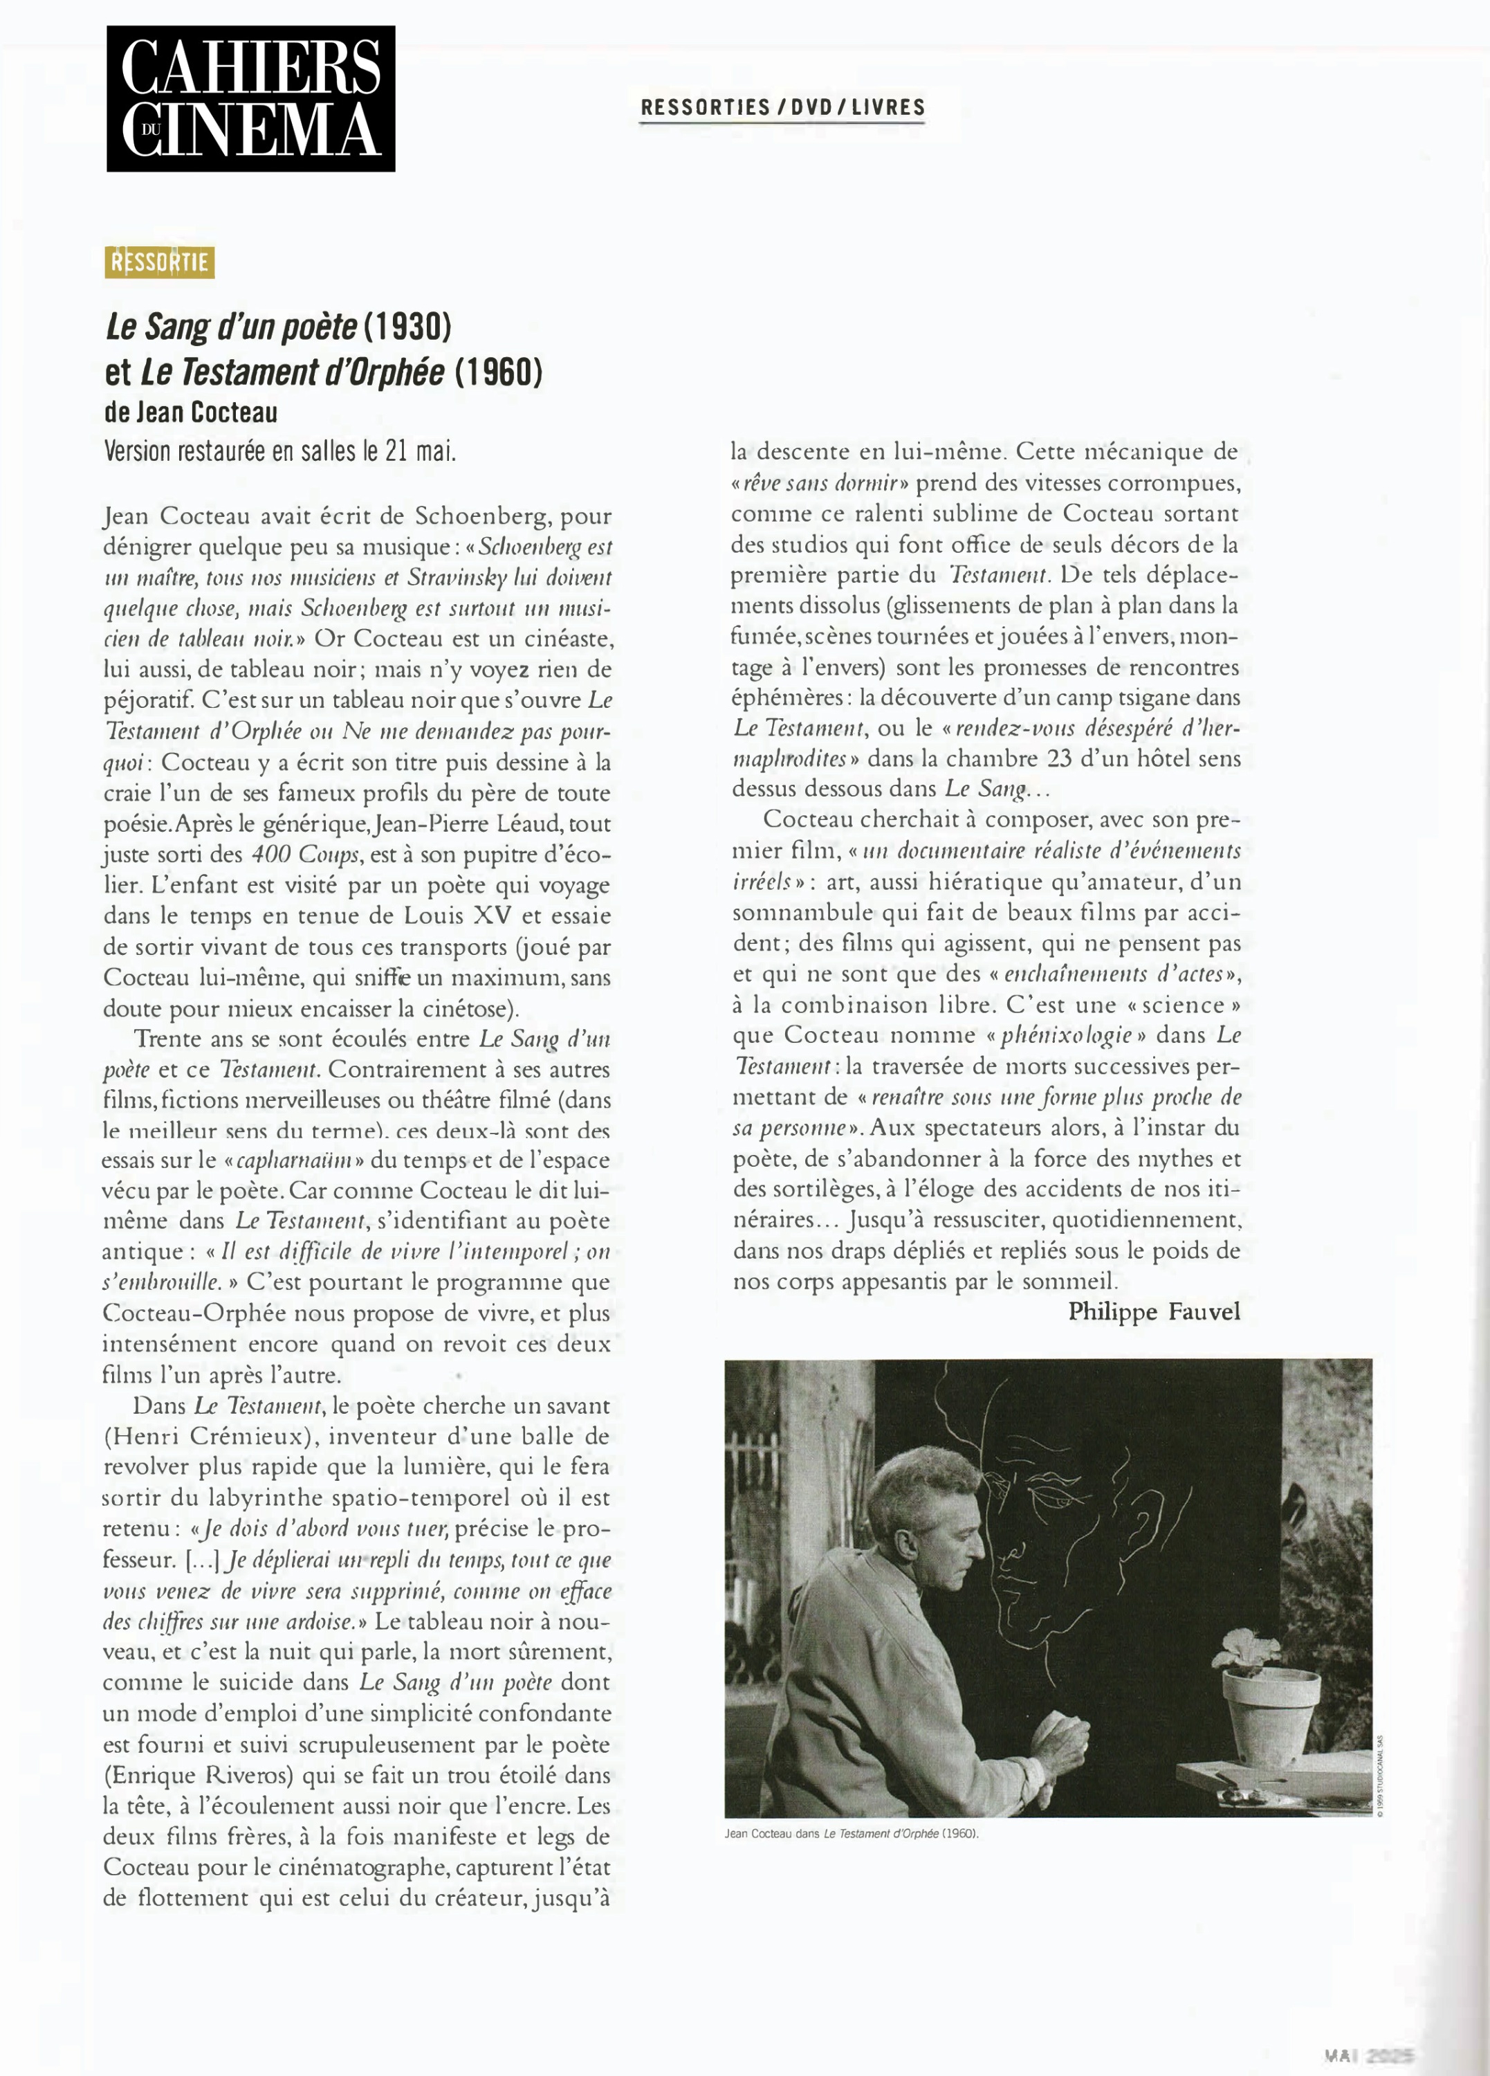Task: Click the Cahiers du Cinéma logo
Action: coord(251,99)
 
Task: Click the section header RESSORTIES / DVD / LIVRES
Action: coord(782,108)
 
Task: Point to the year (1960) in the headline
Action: coord(499,372)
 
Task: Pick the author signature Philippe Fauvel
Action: coord(1154,1312)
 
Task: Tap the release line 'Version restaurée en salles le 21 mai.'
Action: coord(279,451)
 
